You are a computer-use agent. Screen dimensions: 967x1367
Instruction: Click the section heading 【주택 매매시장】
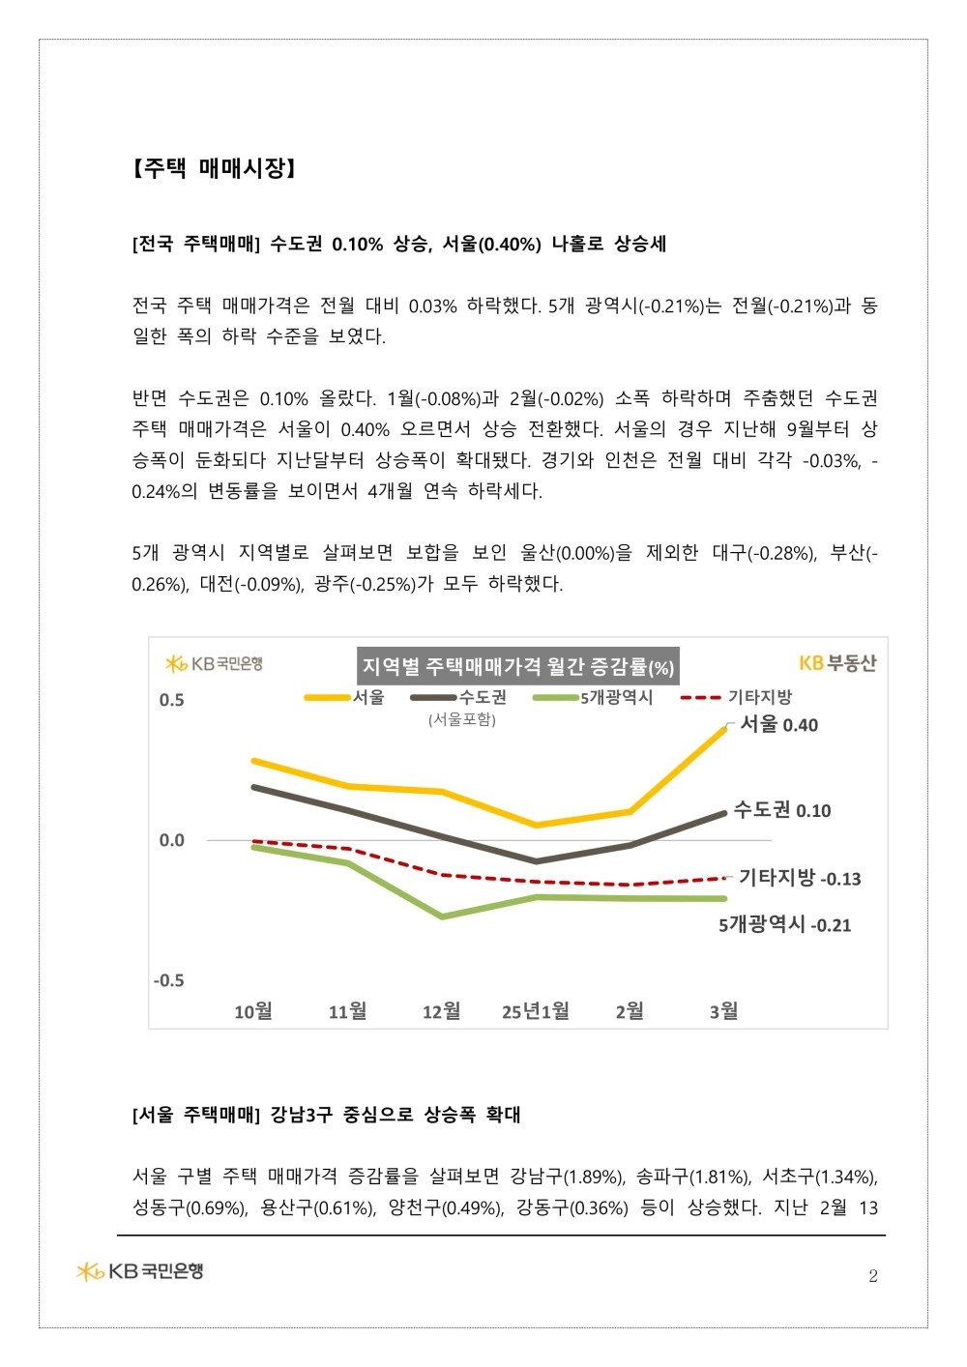click(214, 168)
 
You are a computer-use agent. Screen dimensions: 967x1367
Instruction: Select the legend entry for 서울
click(345, 698)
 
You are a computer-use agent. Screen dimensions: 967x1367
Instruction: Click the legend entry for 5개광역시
click(593, 698)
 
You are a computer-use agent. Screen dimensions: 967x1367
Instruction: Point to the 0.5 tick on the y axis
click(171, 700)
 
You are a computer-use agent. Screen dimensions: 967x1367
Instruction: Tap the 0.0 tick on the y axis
click(171, 840)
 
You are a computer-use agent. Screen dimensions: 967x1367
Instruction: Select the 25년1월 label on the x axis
click(536, 1011)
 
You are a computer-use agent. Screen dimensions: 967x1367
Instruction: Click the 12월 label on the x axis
click(441, 1011)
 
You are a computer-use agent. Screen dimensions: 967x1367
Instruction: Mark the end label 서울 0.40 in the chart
click(779, 724)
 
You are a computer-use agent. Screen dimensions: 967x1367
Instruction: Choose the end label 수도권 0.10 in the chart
click(782, 810)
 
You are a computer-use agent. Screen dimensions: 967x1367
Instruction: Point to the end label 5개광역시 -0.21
click(784, 924)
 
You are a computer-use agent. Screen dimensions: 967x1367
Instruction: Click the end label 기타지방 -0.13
click(800, 878)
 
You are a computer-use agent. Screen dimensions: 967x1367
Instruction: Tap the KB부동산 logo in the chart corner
click(837, 663)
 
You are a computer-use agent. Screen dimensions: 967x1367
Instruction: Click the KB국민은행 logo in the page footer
click(140, 1271)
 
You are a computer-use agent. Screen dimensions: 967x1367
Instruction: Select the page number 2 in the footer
click(873, 1276)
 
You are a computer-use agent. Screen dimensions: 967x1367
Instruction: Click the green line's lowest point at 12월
click(442, 916)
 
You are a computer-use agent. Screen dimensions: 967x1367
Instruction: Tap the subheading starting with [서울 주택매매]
click(326, 1115)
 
